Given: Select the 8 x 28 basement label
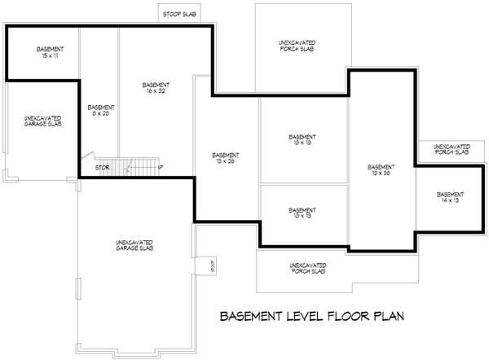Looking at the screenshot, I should pos(100,111).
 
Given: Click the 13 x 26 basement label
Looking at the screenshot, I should pos(225,158).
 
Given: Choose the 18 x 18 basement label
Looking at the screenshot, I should pos(302,139).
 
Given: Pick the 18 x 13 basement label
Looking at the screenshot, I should pos(302,213).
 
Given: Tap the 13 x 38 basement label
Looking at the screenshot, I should pos(381,169).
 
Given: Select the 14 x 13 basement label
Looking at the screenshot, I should pos(450,198).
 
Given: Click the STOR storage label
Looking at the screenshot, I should pos(102,169).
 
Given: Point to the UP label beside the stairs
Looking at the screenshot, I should pos(161,169).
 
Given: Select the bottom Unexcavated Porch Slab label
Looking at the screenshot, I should pos(308,270).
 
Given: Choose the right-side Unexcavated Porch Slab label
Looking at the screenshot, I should pos(450,149).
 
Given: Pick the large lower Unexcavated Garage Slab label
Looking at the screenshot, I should pos(135,244).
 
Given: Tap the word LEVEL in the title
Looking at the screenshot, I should pos(288,315).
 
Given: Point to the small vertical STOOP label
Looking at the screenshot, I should pos(210,266).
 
